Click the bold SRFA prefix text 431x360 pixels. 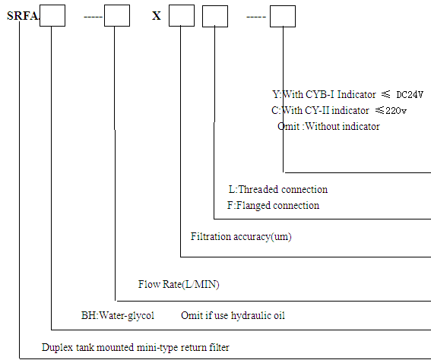click(x=23, y=16)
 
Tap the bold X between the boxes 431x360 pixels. click(x=157, y=16)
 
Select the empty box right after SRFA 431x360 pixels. click(x=52, y=15)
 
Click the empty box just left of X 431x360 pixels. click(x=117, y=15)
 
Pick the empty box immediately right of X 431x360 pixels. click(x=182, y=15)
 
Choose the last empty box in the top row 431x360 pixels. click(x=283, y=16)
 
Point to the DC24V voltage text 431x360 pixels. click(x=410, y=95)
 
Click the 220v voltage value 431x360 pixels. click(x=396, y=111)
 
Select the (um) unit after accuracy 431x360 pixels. click(x=281, y=237)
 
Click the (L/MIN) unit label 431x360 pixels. click(x=201, y=285)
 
